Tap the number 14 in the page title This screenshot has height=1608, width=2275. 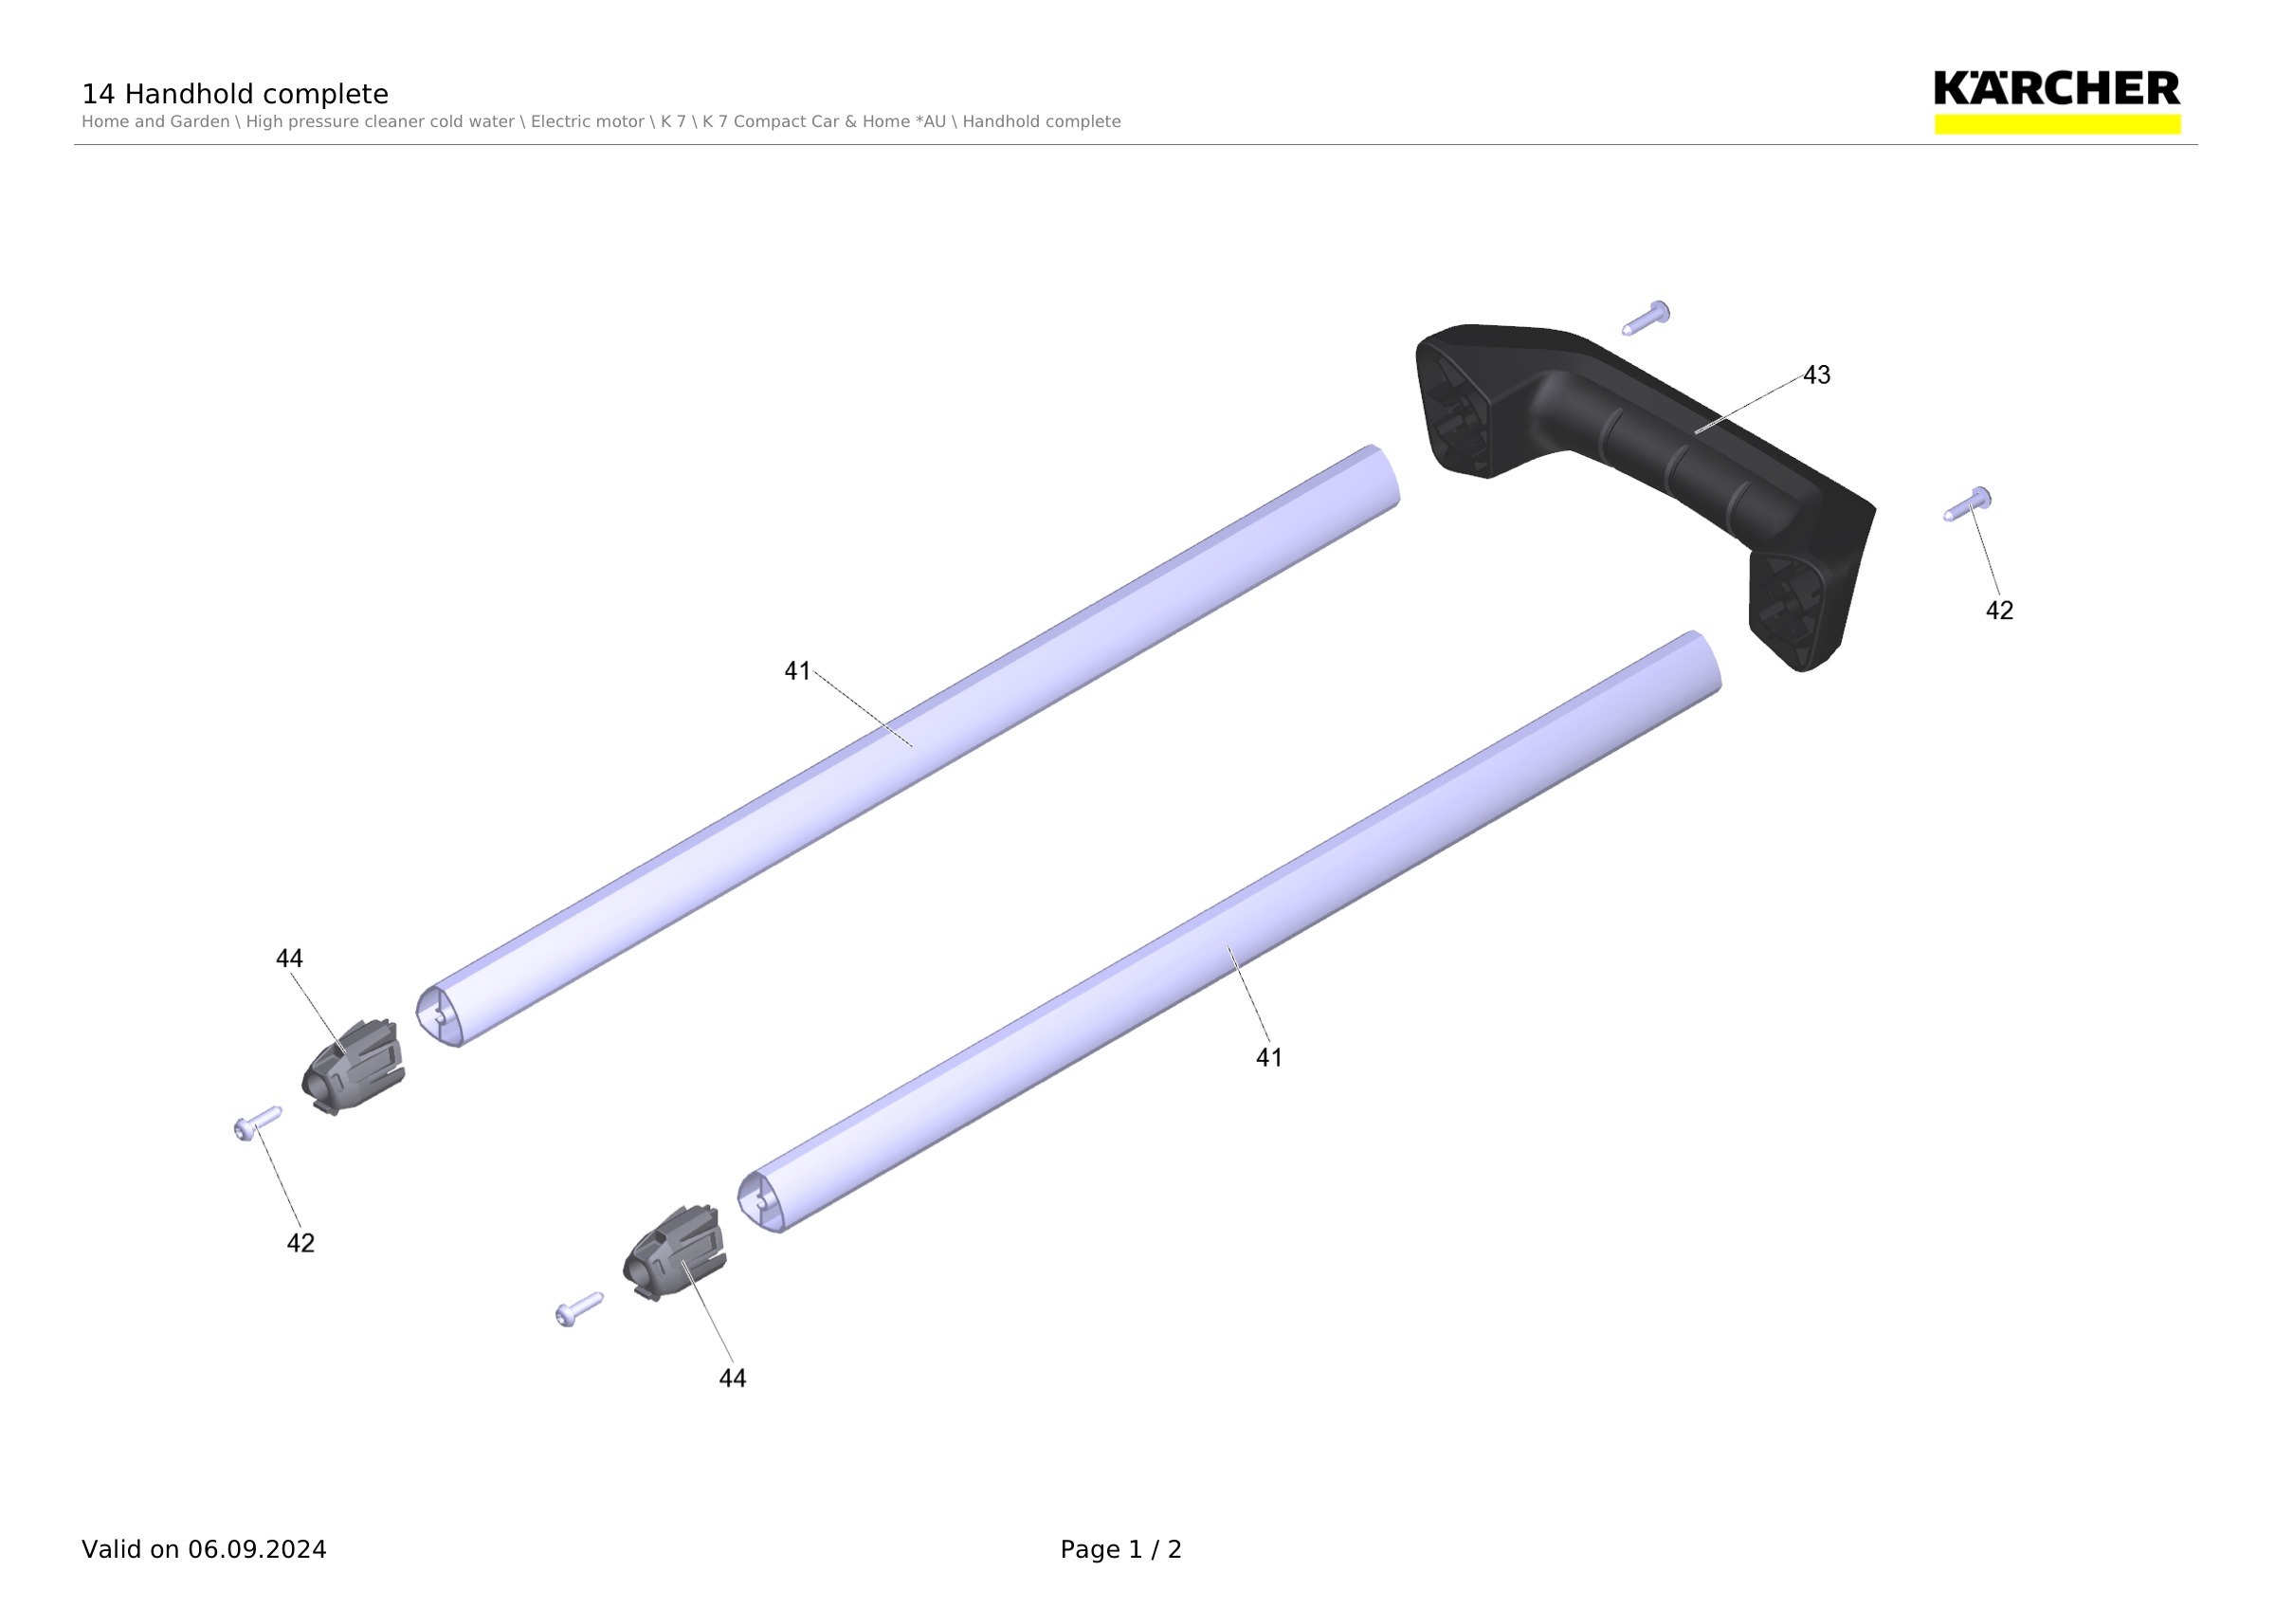[98, 94]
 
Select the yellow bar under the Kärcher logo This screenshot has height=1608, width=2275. [2057, 124]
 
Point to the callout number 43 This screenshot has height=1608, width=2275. [1816, 375]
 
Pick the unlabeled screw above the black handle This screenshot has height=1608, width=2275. [1646, 318]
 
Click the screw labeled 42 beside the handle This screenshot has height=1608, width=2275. [1967, 504]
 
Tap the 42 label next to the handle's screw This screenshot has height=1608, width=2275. [1999, 611]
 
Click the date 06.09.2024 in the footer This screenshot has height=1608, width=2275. [257, 1549]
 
